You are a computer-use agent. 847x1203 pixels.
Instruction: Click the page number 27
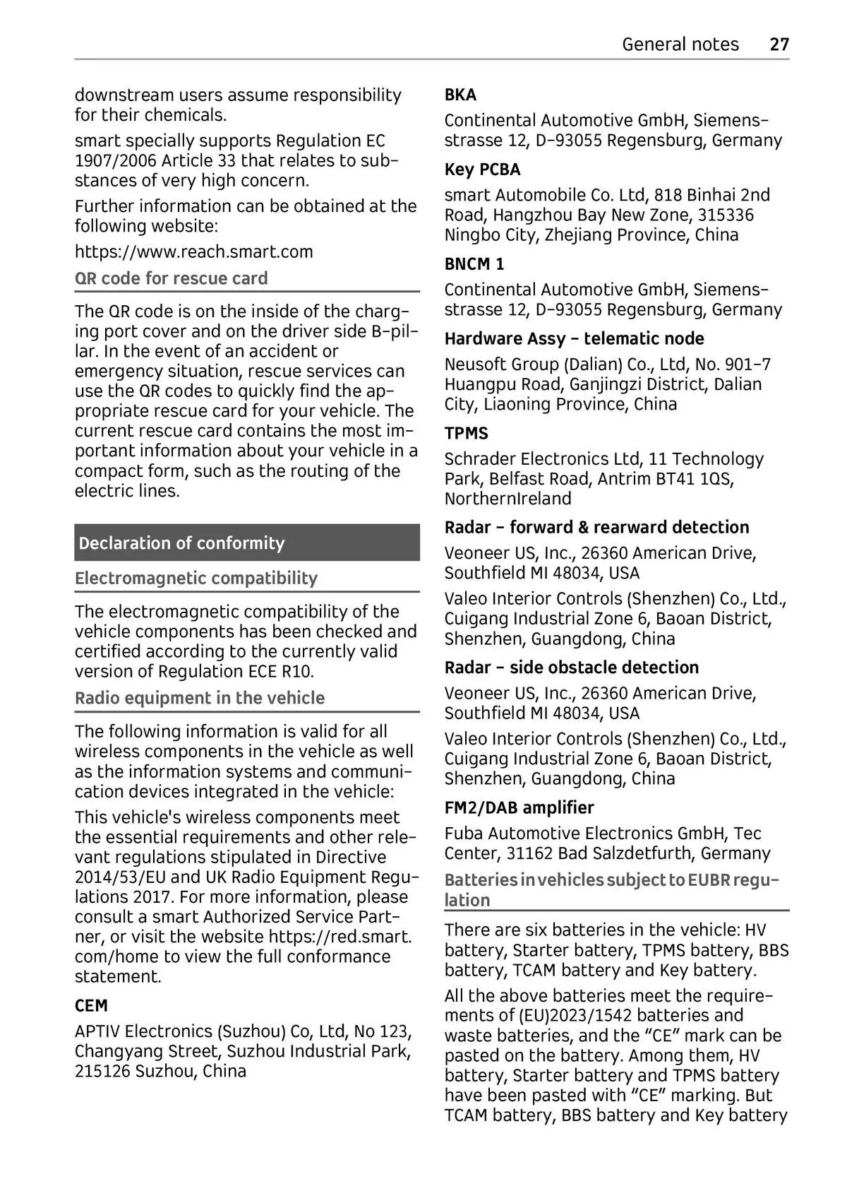click(x=779, y=45)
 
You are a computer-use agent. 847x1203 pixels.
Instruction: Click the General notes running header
click(x=680, y=45)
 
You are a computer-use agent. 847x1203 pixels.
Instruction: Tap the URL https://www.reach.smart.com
click(x=194, y=252)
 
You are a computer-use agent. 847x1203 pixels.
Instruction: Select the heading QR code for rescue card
click(x=172, y=278)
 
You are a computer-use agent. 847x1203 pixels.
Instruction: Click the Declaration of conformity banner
click(x=182, y=543)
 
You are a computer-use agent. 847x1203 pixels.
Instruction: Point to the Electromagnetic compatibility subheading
click(x=196, y=579)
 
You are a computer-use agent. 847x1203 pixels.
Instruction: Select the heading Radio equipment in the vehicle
click(x=200, y=699)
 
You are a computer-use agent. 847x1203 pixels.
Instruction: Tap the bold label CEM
click(x=92, y=1006)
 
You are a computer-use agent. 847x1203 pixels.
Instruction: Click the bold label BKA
click(x=460, y=95)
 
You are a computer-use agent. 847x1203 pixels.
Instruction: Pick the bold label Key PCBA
click(x=482, y=170)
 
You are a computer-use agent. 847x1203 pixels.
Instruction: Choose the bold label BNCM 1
click(x=474, y=264)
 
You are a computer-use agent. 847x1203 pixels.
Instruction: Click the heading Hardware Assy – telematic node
click(x=574, y=339)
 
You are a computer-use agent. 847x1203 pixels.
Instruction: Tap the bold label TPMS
click(x=466, y=434)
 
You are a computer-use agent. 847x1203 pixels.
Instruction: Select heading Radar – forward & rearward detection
click(x=596, y=528)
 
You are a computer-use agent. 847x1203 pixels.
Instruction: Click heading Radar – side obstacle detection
click(x=571, y=668)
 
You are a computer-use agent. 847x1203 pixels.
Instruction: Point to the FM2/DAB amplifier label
click(x=519, y=808)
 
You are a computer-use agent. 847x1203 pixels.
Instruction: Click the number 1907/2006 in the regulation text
click(x=116, y=161)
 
